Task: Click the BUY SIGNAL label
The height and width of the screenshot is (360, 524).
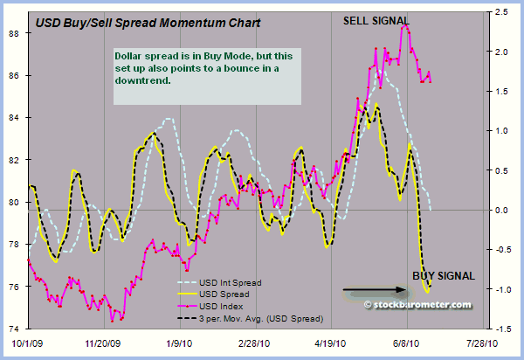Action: point(444,276)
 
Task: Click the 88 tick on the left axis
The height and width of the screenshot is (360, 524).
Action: point(15,33)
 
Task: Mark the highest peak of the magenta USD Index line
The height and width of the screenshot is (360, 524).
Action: point(405,26)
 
